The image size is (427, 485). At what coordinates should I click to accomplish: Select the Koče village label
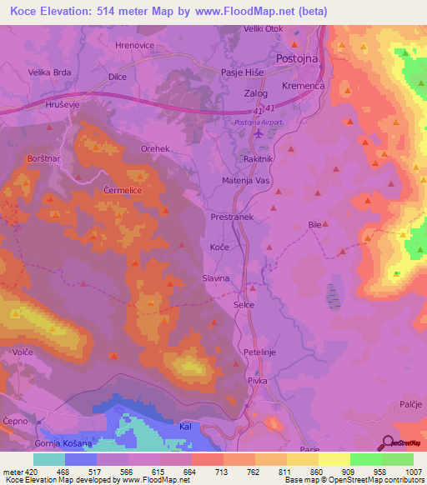point(219,247)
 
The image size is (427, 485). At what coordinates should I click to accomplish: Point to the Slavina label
point(215,278)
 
